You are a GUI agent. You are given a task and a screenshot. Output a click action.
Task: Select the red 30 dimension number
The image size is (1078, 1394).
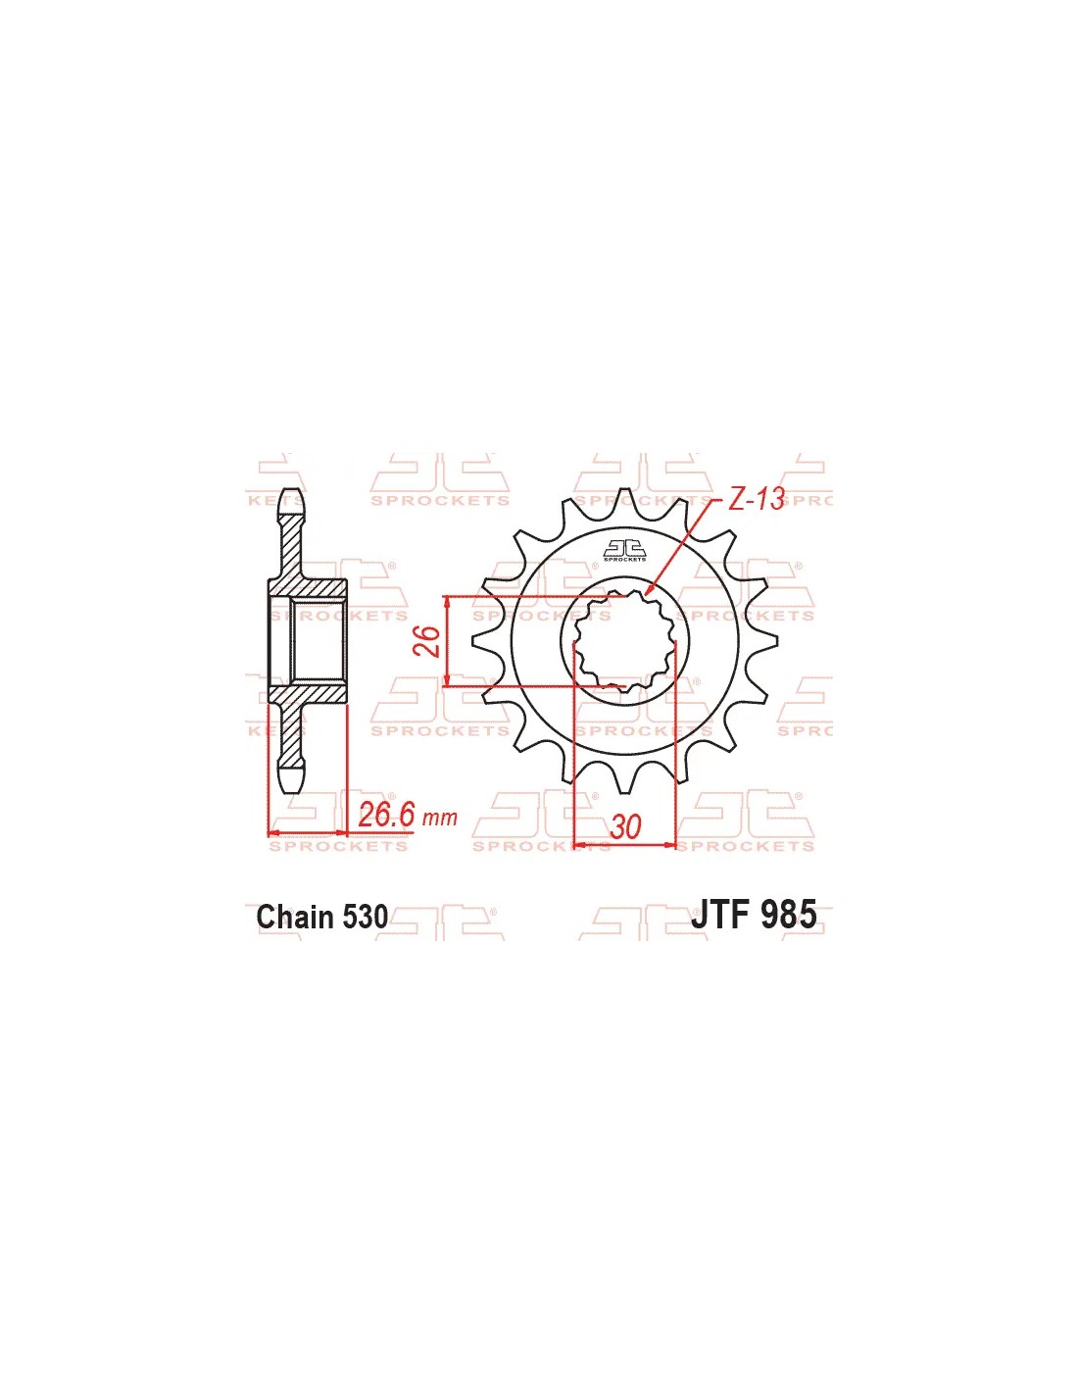pos(625,827)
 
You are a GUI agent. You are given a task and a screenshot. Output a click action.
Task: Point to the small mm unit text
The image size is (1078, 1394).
pos(441,818)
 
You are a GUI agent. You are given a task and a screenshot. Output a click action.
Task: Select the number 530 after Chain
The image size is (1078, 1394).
pos(366,917)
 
